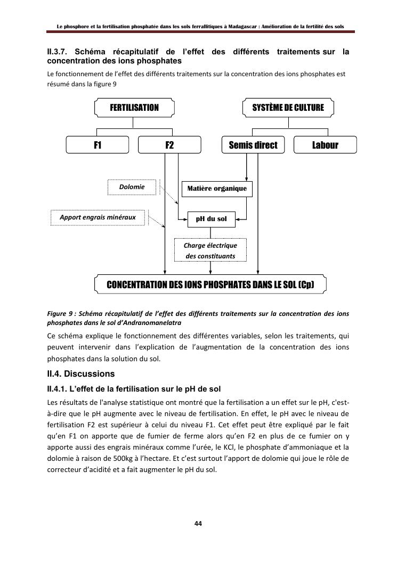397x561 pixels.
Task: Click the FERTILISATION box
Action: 134,108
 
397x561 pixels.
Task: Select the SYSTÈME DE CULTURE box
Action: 288,108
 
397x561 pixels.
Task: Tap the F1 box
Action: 98,145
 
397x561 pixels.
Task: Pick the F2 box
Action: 169,145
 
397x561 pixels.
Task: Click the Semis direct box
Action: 253,145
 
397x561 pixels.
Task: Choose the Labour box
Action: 325,145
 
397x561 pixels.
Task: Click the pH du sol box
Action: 212,219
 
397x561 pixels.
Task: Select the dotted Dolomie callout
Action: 133,187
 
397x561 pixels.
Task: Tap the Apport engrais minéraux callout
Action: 98,217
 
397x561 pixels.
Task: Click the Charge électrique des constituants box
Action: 210,250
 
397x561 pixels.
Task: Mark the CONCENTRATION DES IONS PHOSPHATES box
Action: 210,284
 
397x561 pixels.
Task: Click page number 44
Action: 198,524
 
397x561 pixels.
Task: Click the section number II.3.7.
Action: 58,52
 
